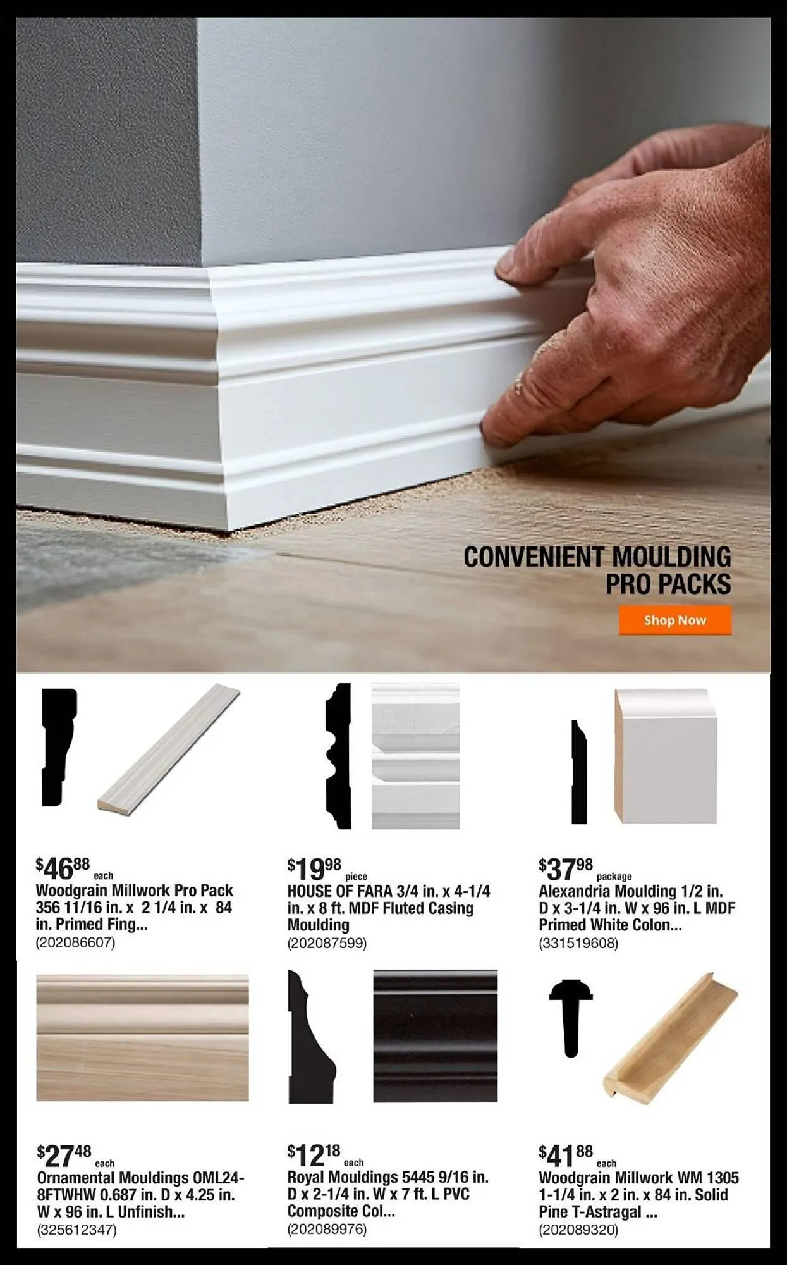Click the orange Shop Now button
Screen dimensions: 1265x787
674,620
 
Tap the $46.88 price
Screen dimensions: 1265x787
63,868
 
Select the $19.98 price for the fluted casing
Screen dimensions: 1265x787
314,869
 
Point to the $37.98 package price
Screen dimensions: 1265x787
566,869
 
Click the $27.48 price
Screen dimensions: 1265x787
64,1156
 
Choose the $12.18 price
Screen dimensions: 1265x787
314,1156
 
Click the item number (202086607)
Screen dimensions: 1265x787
76,942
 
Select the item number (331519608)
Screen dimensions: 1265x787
578,943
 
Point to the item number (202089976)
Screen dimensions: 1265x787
327,1229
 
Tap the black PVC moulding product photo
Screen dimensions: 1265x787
435,1036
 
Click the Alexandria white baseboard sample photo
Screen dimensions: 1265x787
666,756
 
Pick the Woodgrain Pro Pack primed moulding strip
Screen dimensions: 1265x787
169,748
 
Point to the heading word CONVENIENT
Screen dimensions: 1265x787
533,557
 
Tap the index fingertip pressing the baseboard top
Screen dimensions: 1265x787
511,269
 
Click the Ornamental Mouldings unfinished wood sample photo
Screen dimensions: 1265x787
142,1037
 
